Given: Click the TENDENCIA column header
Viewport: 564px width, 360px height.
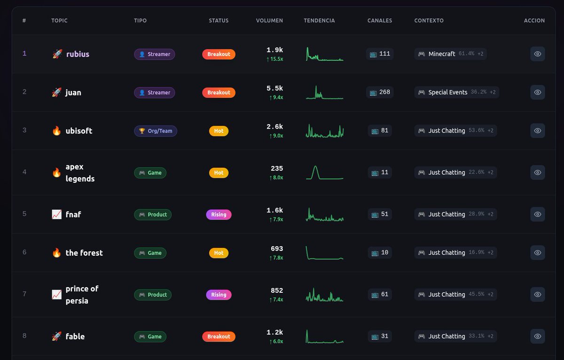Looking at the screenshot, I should [319, 21].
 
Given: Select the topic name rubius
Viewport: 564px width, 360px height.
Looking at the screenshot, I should [78, 54].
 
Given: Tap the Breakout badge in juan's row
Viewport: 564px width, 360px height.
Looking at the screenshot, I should [219, 93].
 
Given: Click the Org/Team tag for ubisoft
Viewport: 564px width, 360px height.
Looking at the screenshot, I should [156, 131].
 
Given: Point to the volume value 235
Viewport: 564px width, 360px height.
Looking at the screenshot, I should [277, 168].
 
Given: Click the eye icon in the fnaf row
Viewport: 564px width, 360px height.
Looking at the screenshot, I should [538, 214].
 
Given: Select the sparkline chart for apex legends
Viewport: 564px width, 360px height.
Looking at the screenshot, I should [324, 172].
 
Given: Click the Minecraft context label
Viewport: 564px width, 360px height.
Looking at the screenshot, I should [441, 54].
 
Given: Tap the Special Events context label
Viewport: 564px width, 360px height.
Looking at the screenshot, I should [447, 93].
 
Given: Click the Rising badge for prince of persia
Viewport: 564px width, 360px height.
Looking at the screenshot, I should [219, 295].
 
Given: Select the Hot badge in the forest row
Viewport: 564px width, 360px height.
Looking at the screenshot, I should [219, 253].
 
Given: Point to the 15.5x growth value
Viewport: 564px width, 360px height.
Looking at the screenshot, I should [276, 59].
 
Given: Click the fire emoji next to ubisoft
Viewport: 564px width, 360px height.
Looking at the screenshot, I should [56, 131].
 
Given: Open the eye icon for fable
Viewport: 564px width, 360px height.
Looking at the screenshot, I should [538, 337].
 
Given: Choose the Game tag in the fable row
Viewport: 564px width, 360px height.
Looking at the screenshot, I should [150, 337].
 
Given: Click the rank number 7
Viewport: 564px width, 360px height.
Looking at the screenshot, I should [24, 294].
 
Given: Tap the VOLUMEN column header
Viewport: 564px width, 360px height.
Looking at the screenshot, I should [269, 21].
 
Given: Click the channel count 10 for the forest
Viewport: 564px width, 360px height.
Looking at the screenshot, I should [380, 253].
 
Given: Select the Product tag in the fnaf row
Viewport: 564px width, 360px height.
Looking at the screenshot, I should [153, 214].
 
